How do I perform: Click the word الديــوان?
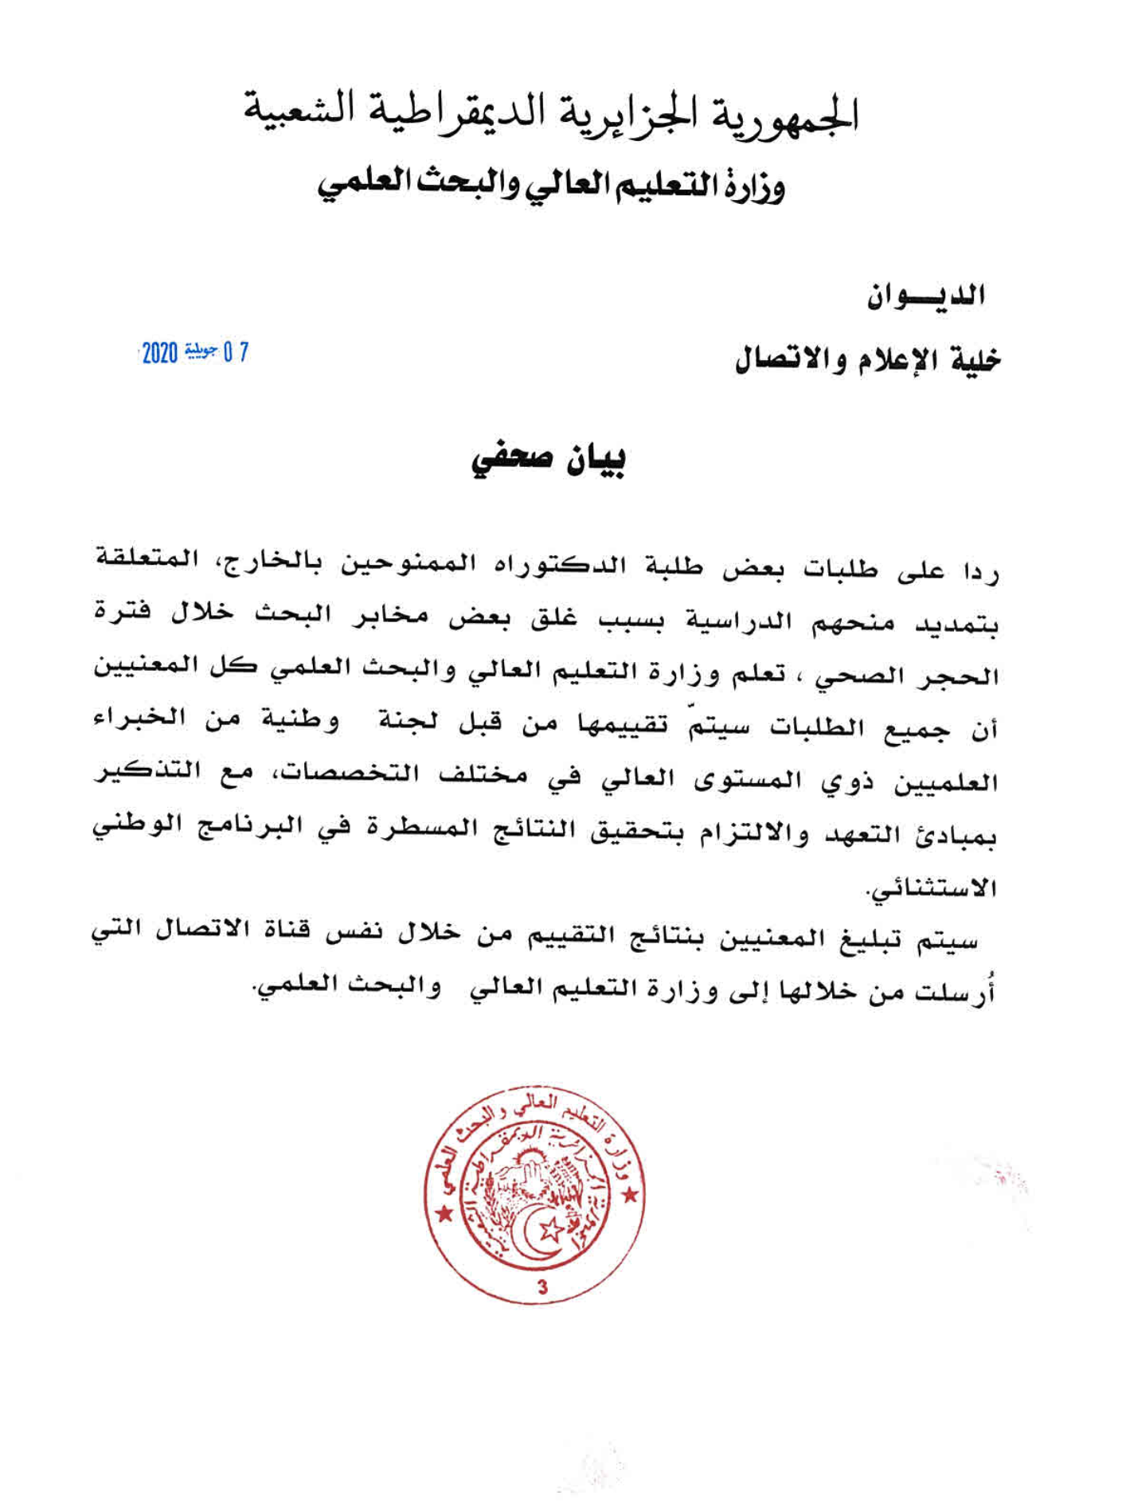927,296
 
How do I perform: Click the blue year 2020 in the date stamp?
159,352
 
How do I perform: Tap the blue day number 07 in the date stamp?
237,351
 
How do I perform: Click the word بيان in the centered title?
595,460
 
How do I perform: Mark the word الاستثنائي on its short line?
932,887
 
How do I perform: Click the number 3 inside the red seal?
542,1287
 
